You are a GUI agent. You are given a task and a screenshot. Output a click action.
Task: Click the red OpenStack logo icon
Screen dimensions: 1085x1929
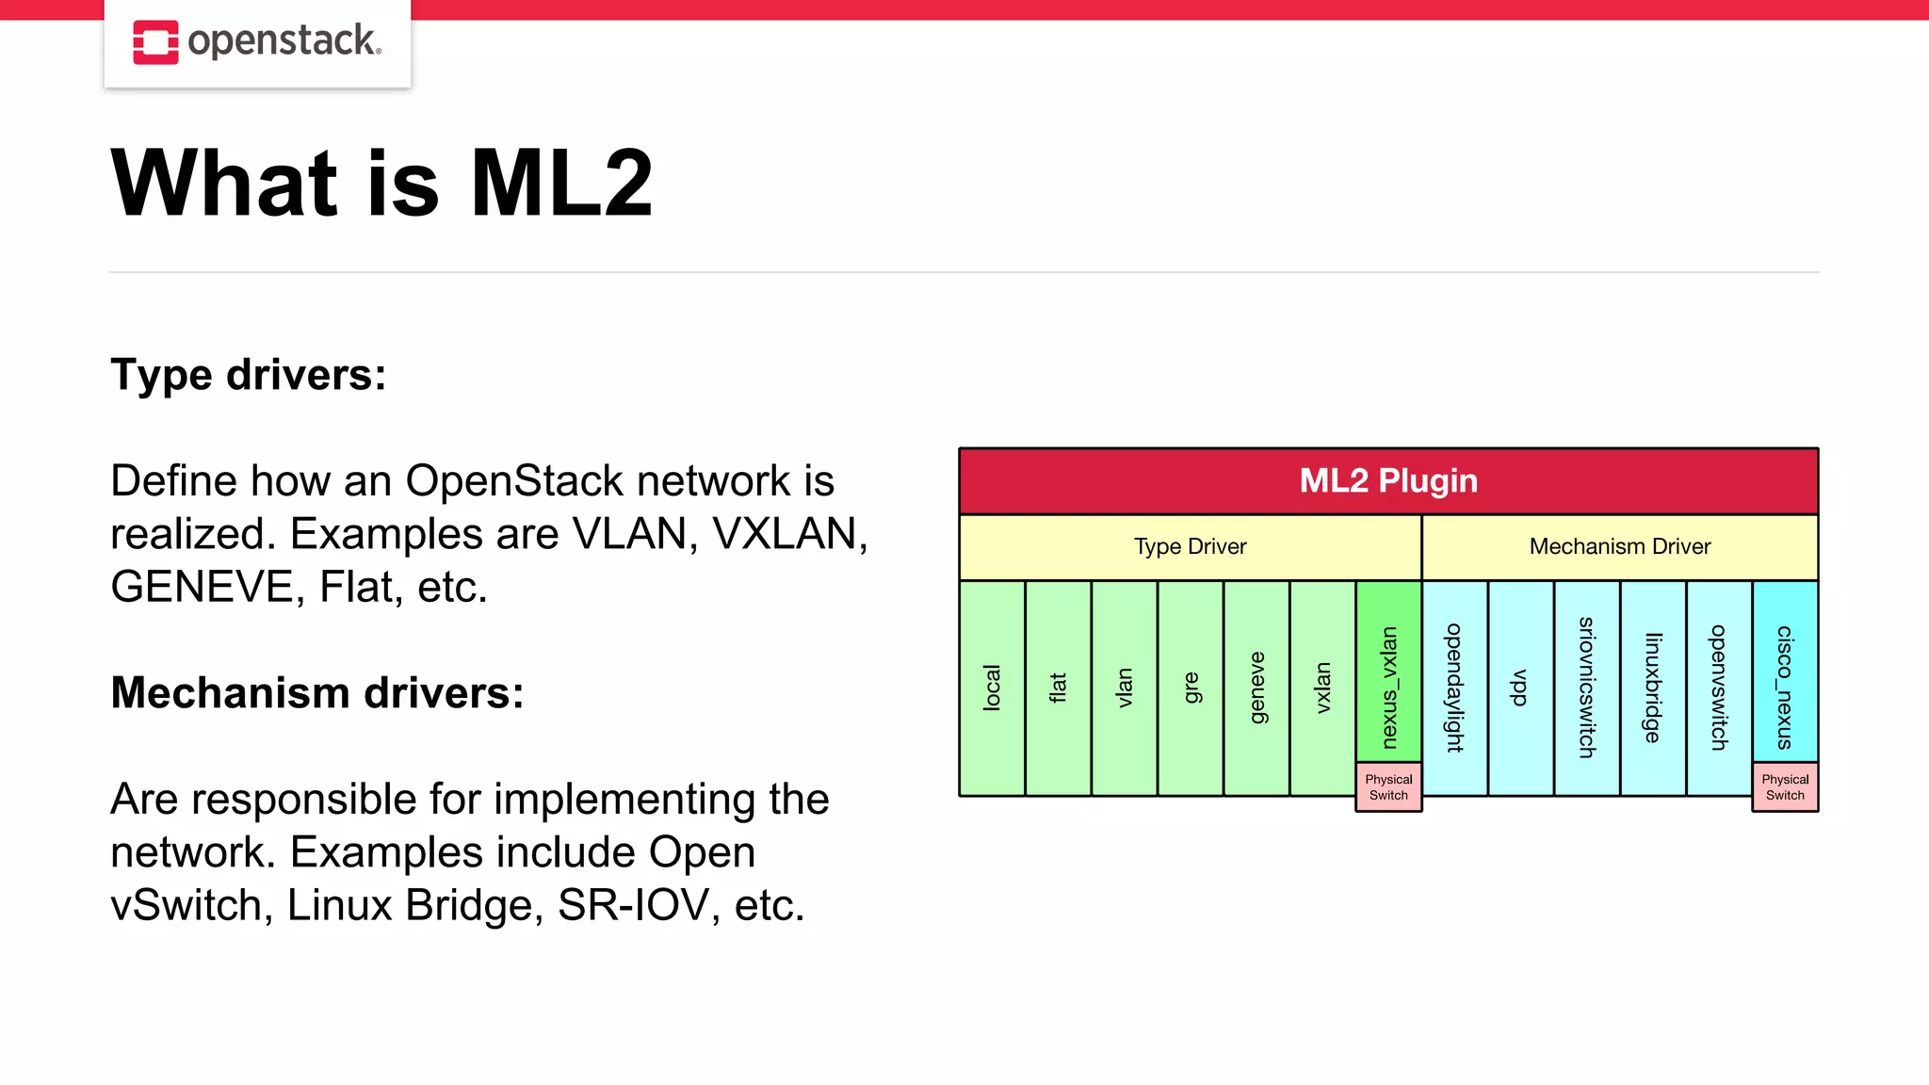coord(155,42)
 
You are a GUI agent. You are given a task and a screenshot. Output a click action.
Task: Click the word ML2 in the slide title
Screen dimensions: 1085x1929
coord(561,184)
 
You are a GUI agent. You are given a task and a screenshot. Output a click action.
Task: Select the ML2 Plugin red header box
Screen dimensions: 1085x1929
coord(1388,481)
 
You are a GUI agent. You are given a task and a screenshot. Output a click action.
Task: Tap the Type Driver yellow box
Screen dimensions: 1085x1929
coord(1190,547)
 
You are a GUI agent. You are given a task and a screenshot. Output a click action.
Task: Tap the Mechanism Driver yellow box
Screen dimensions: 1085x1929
coord(1619,547)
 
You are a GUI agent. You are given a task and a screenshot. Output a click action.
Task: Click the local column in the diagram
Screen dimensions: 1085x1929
coord(992,688)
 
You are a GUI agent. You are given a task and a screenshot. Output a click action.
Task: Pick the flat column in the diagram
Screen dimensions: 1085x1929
coord(1058,688)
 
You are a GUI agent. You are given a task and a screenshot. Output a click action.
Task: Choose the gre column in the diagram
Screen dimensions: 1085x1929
coord(1191,688)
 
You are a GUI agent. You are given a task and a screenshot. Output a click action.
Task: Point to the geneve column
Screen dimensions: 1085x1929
coord(1256,688)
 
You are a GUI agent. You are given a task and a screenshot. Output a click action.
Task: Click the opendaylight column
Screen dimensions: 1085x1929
coord(1454,688)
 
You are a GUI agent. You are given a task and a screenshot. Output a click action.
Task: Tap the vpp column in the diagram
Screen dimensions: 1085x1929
coord(1520,688)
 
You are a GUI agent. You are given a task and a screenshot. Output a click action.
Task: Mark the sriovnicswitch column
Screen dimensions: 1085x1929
coord(1587,688)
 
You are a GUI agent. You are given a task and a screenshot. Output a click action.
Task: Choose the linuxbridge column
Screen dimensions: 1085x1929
coord(1653,688)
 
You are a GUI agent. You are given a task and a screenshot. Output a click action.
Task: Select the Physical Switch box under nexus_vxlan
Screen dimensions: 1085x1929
coord(1388,787)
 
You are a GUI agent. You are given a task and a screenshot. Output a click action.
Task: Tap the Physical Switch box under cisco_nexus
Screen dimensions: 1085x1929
coord(1785,787)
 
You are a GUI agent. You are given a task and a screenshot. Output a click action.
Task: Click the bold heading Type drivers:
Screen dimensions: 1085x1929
coord(249,375)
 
